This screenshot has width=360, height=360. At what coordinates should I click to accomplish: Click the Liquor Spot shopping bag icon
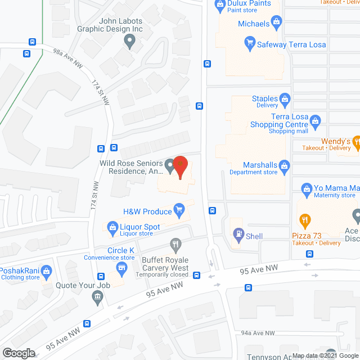point(111,227)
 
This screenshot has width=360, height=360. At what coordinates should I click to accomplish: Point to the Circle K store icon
point(120,267)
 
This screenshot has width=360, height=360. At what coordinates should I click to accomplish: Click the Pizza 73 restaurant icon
point(304,219)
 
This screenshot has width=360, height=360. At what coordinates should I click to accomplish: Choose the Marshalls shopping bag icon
point(285,165)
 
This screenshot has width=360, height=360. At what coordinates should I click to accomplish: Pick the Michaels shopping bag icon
point(277,23)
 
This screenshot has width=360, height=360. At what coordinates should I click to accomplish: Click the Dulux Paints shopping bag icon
point(220,6)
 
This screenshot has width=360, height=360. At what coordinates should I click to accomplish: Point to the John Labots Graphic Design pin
point(130,40)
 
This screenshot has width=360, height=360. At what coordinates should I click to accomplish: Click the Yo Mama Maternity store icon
point(307,188)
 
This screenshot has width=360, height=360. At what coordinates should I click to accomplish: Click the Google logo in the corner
point(18,353)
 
